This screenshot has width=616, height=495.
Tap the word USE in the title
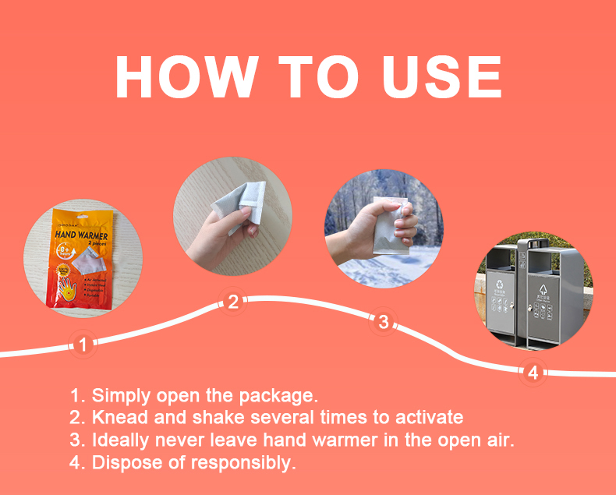(x=440, y=76)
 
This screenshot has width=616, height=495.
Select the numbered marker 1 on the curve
(x=83, y=343)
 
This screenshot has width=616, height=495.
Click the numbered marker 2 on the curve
(x=232, y=302)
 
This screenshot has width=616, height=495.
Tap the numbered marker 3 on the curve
(x=383, y=321)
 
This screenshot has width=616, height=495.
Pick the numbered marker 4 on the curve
(x=533, y=373)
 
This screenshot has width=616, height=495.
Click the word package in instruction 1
(x=280, y=394)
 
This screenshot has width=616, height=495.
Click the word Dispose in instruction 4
(x=122, y=462)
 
